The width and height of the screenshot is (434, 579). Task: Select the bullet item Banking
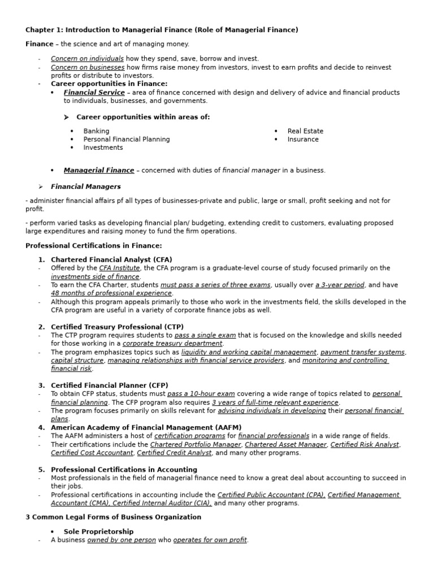pos(96,131)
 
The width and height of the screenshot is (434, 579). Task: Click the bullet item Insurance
pos(303,140)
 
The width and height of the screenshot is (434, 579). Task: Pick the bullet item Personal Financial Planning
pos(126,140)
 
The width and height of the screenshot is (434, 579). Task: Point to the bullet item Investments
pos(103,148)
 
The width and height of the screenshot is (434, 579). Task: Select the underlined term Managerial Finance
pos(99,170)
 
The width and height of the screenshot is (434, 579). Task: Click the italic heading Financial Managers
pos(85,187)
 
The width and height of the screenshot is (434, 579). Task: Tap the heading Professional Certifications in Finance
pos(94,245)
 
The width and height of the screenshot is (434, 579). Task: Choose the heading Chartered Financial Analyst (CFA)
pos(111,260)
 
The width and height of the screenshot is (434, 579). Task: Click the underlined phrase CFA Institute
pos(119,268)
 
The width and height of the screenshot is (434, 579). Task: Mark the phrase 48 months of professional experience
pos(111,293)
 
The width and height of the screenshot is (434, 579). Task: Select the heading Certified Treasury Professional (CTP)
pos(117,327)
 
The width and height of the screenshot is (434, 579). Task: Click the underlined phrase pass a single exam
pos(205,335)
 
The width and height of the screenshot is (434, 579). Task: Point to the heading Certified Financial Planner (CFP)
pos(109,385)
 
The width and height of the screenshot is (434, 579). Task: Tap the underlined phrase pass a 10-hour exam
pos(201,394)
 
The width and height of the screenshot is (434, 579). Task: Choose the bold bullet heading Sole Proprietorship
pos(98,532)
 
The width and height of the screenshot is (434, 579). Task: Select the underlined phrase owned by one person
pos(121,540)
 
